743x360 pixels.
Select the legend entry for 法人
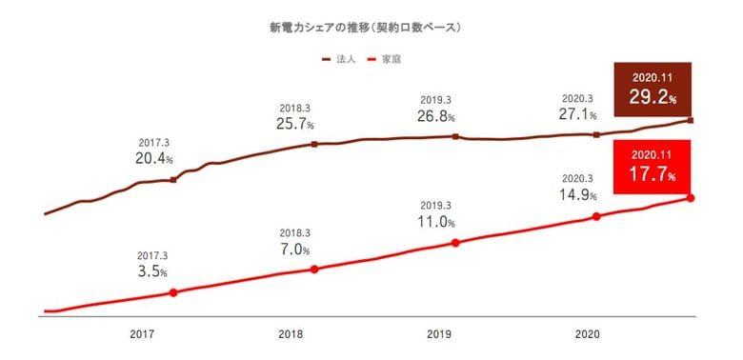click(339, 60)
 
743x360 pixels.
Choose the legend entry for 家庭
click(385, 60)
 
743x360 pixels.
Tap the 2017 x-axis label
click(142, 334)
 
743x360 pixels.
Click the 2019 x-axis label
click(439, 334)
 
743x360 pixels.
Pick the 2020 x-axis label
click(588, 334)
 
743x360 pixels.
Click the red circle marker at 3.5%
click(173, 292)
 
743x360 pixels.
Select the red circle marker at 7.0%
click(314, 270)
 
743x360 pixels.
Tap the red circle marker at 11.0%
click(455, 243)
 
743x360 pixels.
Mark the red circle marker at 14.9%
click(596, 216)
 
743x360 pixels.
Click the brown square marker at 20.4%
click(173, 180)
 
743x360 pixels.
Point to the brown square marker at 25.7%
click(314, 144)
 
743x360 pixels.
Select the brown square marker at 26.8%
click(455, 136)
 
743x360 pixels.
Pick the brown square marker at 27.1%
click(596, 134)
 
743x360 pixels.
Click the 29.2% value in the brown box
click(653, 97)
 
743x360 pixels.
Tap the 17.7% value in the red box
click(653, 174)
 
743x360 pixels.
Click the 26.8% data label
click(436, 116)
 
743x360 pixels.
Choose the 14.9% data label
click(578, 194)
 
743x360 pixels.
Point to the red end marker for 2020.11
click(691, 197)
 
